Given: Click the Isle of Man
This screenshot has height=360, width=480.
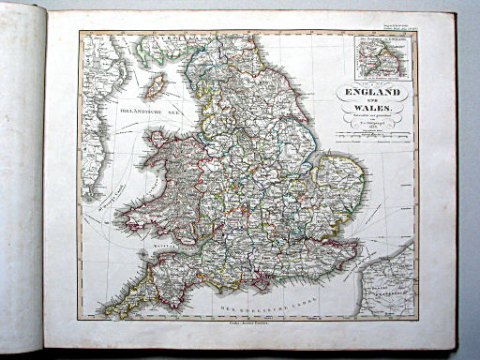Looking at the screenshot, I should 156,86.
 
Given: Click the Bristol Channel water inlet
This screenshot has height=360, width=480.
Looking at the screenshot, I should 178,246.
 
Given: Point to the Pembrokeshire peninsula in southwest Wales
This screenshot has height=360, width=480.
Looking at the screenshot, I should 131,223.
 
